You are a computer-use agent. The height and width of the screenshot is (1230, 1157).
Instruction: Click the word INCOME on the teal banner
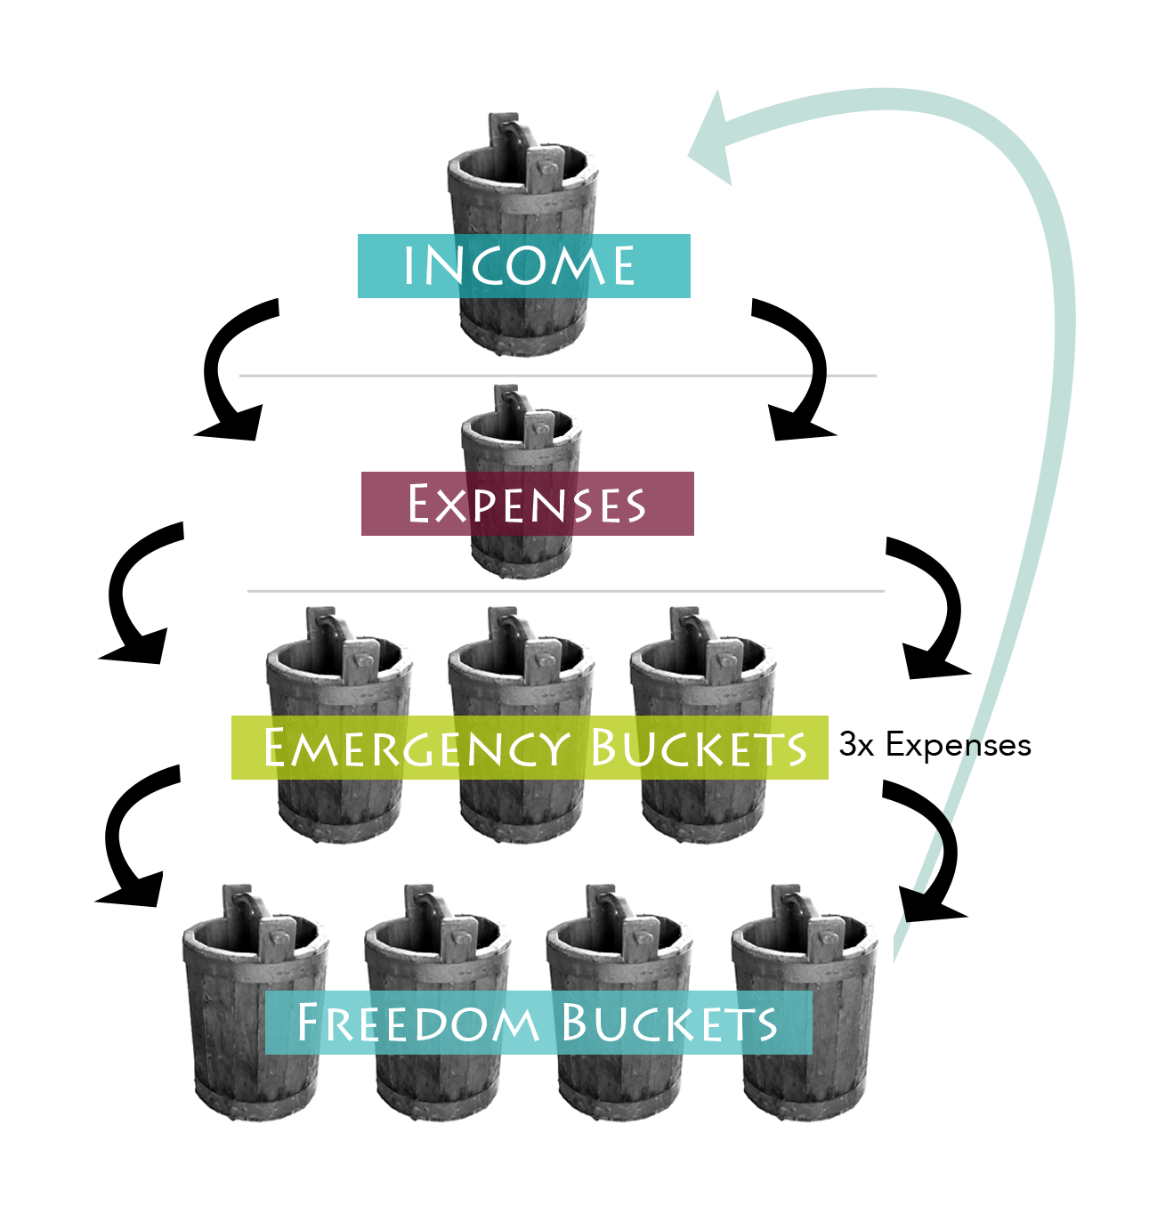click(519, 265)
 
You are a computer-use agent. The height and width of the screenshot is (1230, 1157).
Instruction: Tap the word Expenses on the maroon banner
click(527, 503)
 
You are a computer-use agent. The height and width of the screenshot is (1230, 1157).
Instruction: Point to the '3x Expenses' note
click(934, 744)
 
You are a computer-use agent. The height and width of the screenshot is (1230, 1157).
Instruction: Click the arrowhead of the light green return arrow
click(712, 140)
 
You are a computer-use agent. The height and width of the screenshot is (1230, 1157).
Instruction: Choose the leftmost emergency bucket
click(339, 724)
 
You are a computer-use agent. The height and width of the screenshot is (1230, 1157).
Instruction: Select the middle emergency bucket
click(521, 724)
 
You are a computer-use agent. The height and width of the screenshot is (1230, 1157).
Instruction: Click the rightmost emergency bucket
click(703, 724)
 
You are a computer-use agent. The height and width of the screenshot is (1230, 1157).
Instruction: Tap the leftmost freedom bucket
click(255, 1002)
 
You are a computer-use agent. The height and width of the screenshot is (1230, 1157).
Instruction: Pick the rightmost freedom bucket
click(804, 1002)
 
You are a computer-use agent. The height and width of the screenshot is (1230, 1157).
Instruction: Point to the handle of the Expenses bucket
click(523, 415)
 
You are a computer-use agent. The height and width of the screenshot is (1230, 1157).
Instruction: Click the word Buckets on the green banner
click(699, 749)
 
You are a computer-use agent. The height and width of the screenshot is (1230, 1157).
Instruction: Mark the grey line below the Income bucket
click(557, 376)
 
